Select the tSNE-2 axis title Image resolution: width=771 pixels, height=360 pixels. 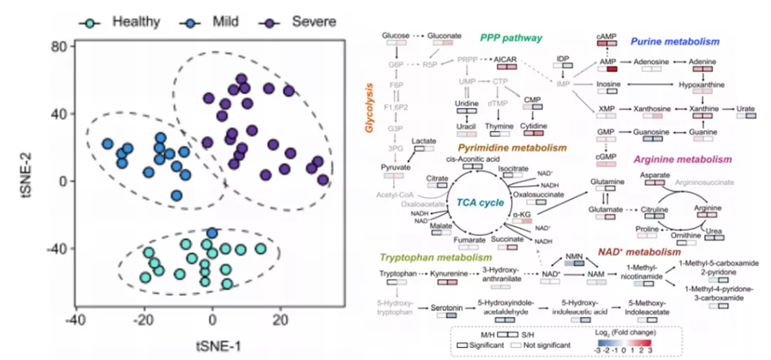[13, 180]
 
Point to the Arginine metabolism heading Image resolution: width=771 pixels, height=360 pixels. [682, 159]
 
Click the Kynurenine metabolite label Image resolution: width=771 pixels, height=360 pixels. [447, 273]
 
